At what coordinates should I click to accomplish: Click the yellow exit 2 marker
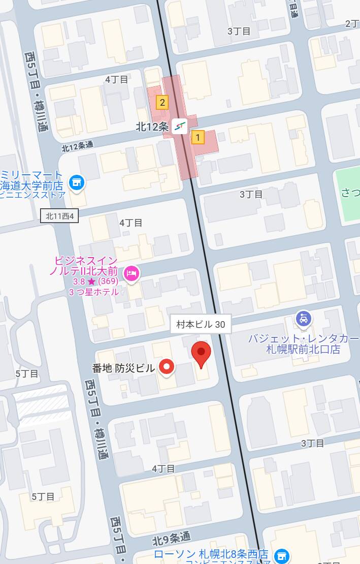tap(162, 103)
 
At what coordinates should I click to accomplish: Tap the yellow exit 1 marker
tap(198, 137)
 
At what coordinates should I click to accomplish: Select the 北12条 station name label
tap(151, 127)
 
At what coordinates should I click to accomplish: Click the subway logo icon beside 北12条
tap(179, 126)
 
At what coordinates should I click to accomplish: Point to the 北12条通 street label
tap(77, 146)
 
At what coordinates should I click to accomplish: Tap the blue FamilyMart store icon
tap(77, 182)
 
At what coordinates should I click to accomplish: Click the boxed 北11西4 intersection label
tap(60, 216)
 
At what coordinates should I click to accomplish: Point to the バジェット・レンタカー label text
tap(303, 339)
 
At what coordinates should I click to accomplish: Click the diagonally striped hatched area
tap(41, 404)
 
